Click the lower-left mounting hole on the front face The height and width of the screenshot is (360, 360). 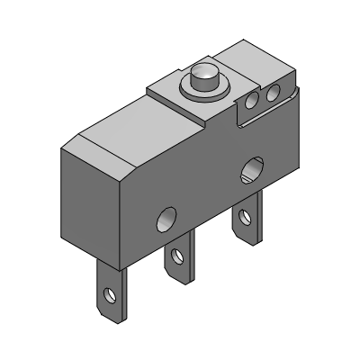click(166, 218)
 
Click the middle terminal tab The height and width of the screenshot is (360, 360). click(178, 261)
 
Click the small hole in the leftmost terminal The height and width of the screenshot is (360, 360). click(111, 294)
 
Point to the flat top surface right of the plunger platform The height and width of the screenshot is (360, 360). click(261, 63)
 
